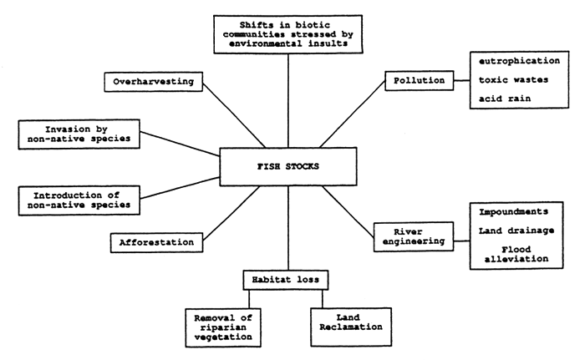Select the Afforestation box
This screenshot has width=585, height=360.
(x=156, y=242)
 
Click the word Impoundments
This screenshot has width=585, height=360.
(x=515, y=212)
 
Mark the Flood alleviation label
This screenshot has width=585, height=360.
(x=515, y=253)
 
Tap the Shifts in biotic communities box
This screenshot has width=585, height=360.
(x=287, y=33)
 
